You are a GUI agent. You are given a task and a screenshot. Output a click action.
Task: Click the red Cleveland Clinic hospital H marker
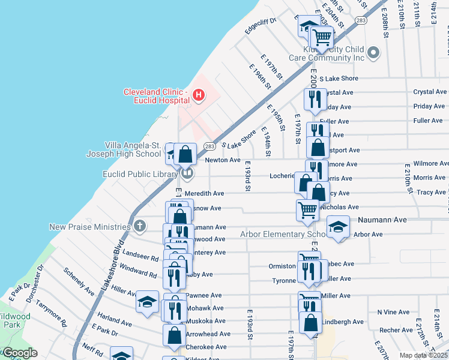click(198, 95)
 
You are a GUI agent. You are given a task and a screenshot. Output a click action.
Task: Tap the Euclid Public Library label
click(140, 174)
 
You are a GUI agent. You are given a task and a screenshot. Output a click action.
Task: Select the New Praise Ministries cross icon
click(139, 227)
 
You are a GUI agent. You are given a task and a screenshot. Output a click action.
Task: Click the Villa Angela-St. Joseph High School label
click(124, 149)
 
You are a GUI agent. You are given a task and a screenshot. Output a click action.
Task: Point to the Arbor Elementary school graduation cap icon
click(338, 227)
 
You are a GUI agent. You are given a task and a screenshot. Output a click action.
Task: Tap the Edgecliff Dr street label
click(260, 26)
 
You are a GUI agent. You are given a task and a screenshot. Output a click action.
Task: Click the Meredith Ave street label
click(204, 193)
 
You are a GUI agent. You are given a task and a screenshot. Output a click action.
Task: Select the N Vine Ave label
click(393, 312)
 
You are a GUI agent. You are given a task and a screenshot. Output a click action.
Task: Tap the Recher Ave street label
click(396, 330)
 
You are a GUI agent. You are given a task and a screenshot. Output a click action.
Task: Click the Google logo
click(20, 353)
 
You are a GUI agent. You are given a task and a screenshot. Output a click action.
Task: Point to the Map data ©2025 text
click(423, 355)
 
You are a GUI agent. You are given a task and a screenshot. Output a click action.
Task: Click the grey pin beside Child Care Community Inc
click(373, 53)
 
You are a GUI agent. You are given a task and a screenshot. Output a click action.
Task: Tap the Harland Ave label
click(115, 323)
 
